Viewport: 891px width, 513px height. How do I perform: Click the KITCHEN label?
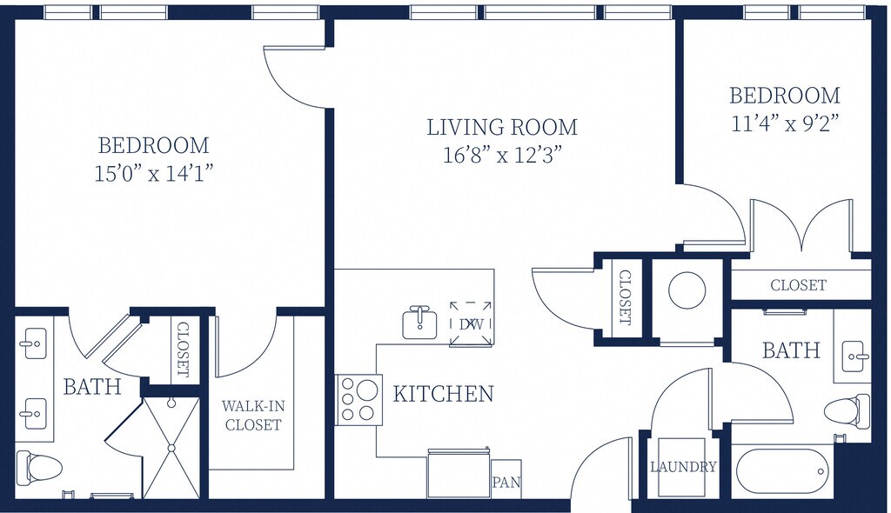[x=443, y=394]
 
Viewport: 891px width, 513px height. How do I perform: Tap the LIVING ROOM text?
[x=502, y=127]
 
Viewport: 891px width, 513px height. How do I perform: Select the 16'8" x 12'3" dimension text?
[x=502, y=155]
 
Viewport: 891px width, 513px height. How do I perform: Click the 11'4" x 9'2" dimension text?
[x=785, y=123]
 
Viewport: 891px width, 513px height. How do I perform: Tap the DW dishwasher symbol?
[x=471, y=323]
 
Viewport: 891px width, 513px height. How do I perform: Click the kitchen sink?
[x=419, y=323]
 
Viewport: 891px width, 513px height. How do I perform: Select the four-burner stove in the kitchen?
[x=358, y=400]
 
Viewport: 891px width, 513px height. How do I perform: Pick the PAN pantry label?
[x=506, y=483]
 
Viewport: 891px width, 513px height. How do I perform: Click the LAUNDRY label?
[x=683, y=467]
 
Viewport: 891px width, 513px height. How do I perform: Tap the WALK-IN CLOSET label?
[x=253, y=416]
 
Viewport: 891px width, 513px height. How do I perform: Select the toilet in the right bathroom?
[x=847, y=412]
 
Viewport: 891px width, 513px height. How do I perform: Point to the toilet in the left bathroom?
[x=38, y=468]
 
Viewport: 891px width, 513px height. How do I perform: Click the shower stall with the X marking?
[x=171, y=448]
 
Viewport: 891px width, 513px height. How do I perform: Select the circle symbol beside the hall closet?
[x=687, y=290]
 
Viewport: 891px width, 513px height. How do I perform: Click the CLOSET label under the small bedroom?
[x=799, y=284]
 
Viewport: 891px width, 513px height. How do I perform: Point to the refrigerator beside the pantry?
[x=459, y=474]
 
